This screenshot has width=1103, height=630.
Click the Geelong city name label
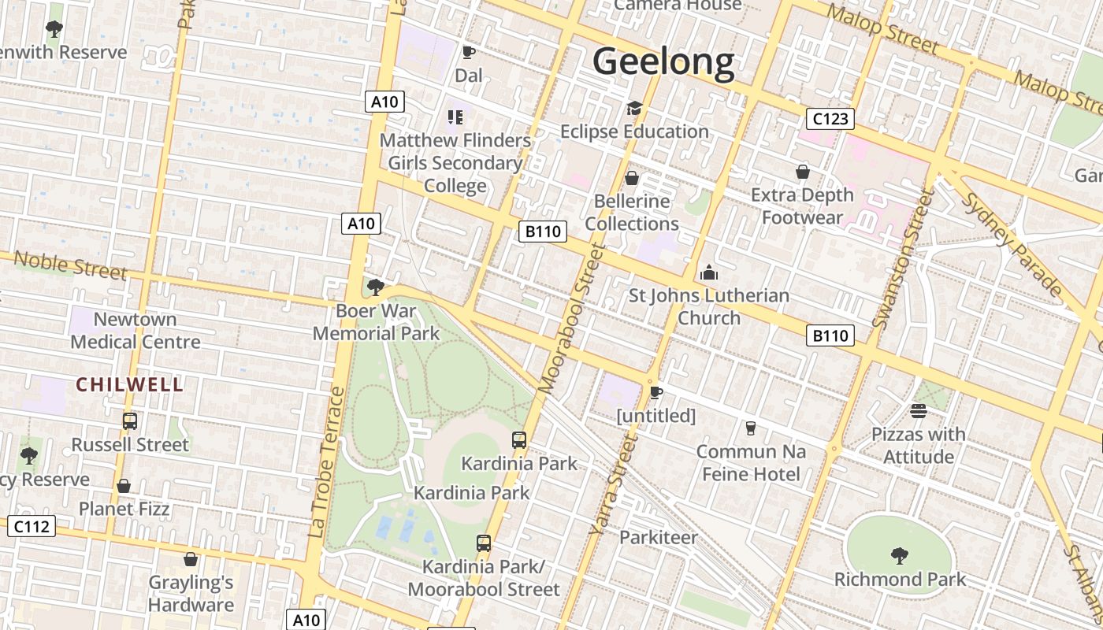tap(663, 61)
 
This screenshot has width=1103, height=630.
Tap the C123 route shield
tap(830, 119)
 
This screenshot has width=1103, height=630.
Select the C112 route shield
tap(32, 526)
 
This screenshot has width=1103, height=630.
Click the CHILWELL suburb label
tap(130, 384)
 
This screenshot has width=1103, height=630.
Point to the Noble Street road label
tap(70, 265)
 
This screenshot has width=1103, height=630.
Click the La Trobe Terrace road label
tap(327, 462)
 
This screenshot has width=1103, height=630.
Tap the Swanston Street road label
tap(902, 260)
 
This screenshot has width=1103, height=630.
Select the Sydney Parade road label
tap(1012, 244)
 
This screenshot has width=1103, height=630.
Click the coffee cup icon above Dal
tap(468, 53)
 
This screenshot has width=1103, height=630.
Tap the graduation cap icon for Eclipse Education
tap(634, 109)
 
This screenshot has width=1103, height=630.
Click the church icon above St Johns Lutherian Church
tap(708, 273)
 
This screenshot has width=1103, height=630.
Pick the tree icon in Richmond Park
tap(899, 556)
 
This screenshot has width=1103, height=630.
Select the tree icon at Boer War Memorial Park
tap(376, 287)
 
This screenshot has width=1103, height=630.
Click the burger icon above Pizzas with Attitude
tap(918, 411)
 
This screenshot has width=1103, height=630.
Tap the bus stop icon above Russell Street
tap(130, 421)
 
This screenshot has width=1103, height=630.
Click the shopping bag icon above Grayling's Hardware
tap(190, 560)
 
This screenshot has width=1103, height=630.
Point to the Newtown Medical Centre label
tap(136, 331)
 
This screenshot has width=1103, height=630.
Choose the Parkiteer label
tap(658, 537)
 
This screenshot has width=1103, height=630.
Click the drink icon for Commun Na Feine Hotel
tap(750, 428)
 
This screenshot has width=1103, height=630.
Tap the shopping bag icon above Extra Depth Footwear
tap(802, 172)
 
